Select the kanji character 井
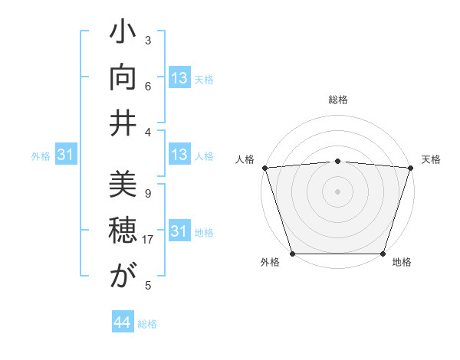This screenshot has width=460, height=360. coord(123,123)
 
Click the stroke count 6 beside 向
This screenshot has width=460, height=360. coord(147,86)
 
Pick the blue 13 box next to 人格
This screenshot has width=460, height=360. coord(179,155)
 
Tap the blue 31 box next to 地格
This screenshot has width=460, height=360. coord(179,231)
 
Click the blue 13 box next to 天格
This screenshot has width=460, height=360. coord(179,78)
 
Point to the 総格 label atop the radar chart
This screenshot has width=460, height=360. coord(337,100)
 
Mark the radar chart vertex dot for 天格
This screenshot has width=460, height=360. coord(410,168)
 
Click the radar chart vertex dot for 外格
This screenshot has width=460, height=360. coord(292,254)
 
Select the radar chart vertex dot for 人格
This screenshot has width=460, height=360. coord(264,168)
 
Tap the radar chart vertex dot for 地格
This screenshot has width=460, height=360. coord(383,254)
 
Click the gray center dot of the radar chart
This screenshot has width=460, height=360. coord(337,191)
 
